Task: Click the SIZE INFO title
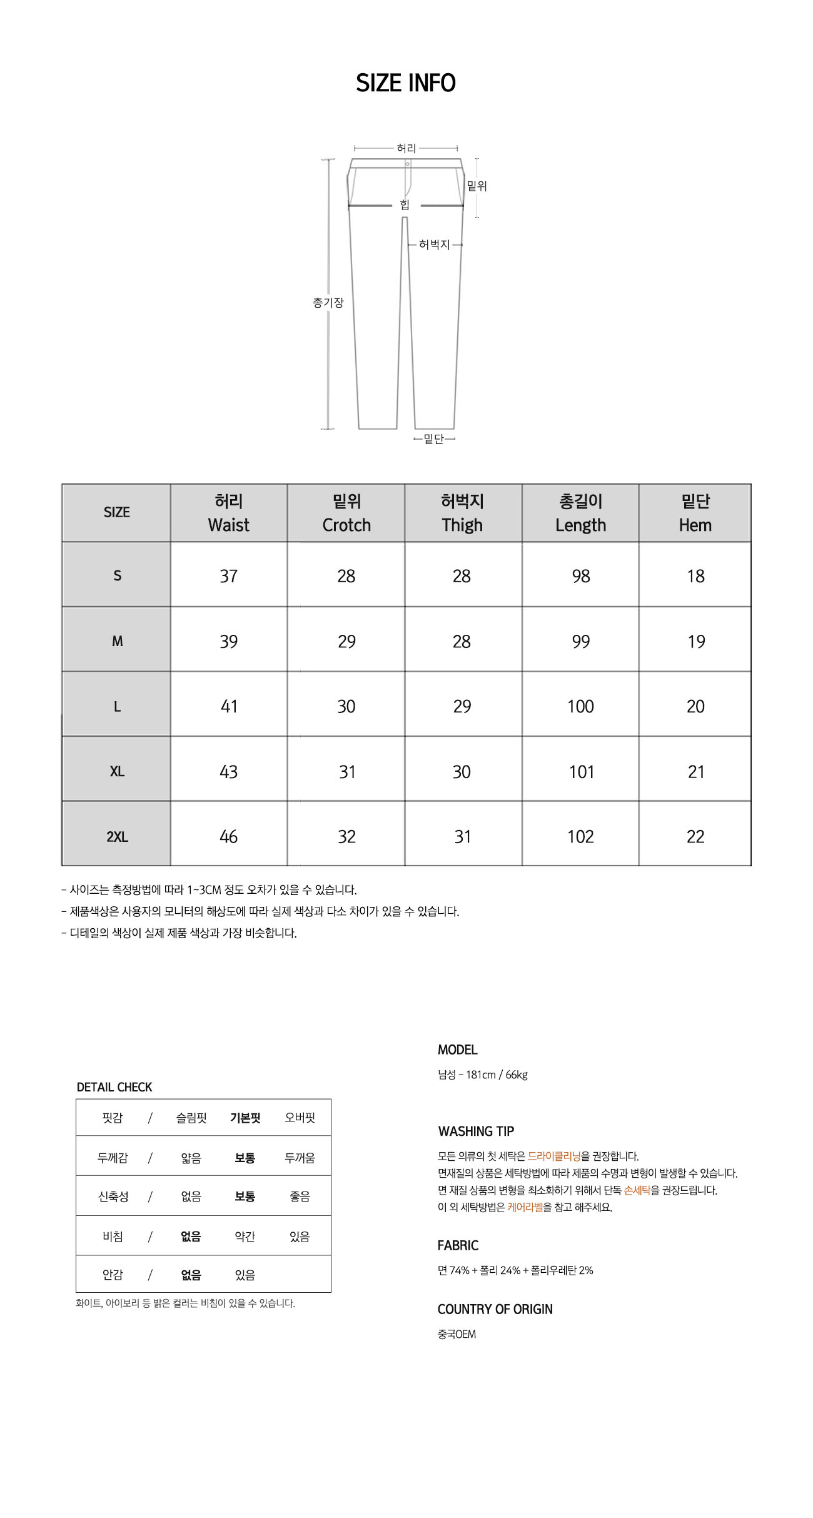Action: tap(406, 83)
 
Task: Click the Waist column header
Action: tap(228, 513)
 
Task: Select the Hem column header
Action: tap(695, 513)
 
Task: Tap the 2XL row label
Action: tap(117, 837)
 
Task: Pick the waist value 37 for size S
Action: tap(228, 576)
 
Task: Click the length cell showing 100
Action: tap(580, 707)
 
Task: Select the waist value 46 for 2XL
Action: tap(228, 837)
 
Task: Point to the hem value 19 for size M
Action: tap(695, 642)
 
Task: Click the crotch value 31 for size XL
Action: tap(346, 772)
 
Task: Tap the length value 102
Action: tap(580, 837)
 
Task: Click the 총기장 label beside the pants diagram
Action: tap(328, 303)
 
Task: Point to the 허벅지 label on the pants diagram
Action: tap(434, 245)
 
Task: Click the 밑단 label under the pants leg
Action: tap(434, 439)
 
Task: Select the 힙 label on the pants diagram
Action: tap(405, 205)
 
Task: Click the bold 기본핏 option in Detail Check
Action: tap(245, 1118)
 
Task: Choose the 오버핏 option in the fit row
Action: tap(300, 1118)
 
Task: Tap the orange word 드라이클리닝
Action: tap(554, 1156)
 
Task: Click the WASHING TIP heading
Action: tap(476, 1131)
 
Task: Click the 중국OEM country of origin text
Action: tap(457, 1334)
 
